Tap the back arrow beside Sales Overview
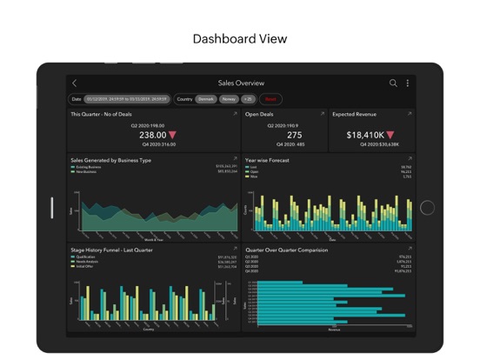(75, 83)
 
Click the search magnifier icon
(393, 83)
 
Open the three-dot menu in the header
(407, 83)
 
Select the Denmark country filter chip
(206, 99)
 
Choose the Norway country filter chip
(229, 99)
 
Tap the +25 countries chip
(248, 99)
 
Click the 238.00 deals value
(152, 136)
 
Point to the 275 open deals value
(294, 136)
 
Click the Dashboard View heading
(240, 39)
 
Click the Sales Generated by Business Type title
(110, 161)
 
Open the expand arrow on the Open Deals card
(322, 114)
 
